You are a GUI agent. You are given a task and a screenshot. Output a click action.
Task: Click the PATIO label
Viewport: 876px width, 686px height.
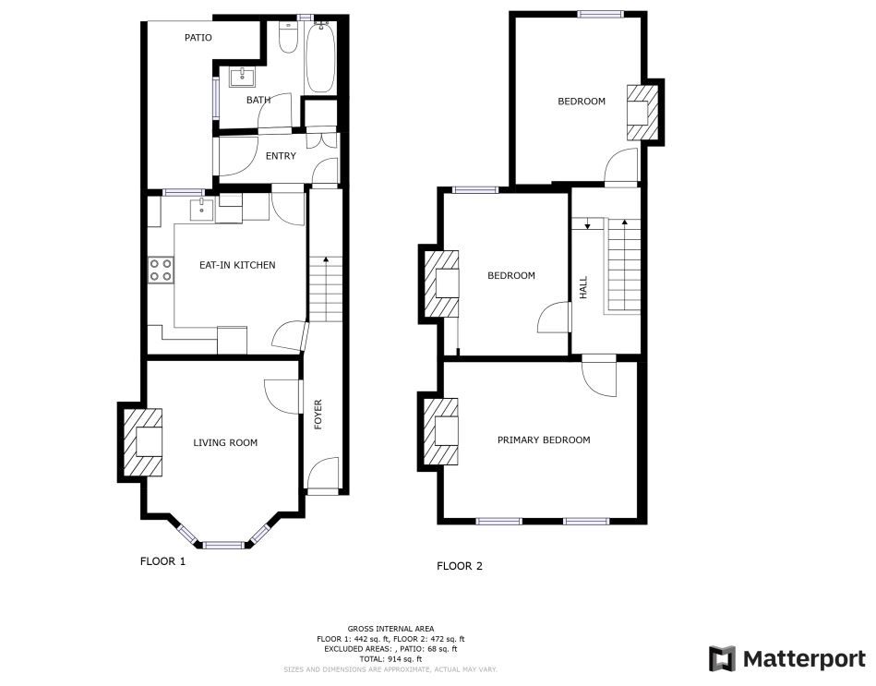coord(198,38)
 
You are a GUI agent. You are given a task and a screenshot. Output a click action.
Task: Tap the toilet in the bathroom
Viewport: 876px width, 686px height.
coord(288,37)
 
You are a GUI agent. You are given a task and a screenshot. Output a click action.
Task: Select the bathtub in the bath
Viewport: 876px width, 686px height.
coord(320,57)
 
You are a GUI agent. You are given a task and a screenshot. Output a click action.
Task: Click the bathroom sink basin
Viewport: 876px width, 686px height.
coord(243,77)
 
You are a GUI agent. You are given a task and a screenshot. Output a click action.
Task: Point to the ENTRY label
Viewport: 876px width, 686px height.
coord(281,156)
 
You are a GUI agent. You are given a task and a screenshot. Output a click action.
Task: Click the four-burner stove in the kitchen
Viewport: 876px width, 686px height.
coord(161,270)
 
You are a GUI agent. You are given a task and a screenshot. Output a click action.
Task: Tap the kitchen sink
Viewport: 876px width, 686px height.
coord(201,210)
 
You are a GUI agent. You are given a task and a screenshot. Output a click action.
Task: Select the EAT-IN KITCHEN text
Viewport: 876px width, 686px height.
coord(237,265)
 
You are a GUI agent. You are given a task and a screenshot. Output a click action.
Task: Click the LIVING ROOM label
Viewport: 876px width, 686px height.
coord(225,442)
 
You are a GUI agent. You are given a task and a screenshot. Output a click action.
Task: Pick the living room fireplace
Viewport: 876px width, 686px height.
coord(142,442)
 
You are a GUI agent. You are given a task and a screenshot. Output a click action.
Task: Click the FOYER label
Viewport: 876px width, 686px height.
coord(318,414)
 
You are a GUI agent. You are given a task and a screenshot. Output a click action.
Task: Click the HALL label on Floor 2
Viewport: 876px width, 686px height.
coord(583,287)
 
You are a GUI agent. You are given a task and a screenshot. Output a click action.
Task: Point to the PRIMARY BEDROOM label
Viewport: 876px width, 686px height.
coord(544,439)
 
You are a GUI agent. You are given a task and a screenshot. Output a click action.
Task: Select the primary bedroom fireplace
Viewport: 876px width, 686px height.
coord(441,431)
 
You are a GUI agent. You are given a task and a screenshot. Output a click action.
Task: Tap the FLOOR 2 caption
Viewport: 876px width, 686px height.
coord(459,566)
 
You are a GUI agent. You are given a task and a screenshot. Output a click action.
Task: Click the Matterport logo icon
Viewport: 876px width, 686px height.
coord(723,658)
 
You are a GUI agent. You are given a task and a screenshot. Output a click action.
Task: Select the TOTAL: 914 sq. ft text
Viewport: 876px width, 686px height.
coord(390,659)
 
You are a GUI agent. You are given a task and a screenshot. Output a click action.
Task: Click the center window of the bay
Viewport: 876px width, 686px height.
coord(222,544)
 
